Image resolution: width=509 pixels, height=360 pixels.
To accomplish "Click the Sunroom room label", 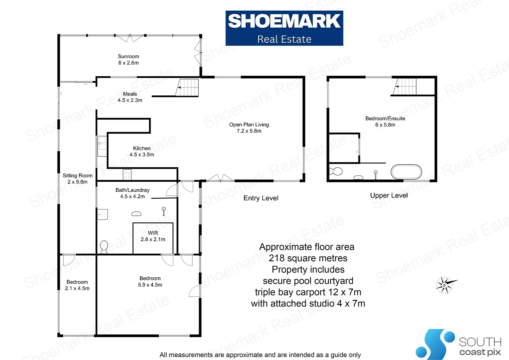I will coord(128,60).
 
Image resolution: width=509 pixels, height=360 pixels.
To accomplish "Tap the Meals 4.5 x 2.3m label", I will coord(130,97).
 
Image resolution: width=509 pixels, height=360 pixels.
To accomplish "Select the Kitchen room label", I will coord(142,151).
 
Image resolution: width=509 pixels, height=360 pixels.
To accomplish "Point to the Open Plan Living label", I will coord(249,128).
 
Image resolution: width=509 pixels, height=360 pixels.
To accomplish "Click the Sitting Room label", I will coord(78,179).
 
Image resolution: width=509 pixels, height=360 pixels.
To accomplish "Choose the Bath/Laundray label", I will coord(133,193).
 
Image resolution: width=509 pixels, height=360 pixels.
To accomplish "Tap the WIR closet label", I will coord(153,236).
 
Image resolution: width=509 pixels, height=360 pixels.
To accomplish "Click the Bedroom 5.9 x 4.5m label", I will coord(150,282).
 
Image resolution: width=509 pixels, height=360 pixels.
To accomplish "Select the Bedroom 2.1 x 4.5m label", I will coord(77,285).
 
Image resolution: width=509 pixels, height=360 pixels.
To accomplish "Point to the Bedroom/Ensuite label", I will coord(385,122).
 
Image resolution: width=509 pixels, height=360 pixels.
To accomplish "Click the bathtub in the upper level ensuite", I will coord(406,172).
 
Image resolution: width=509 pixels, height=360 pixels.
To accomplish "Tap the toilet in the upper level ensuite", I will coord(336,171).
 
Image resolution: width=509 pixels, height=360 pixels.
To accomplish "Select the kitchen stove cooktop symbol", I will coord(127,175).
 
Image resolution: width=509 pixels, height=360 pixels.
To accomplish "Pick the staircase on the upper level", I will coord(405,86).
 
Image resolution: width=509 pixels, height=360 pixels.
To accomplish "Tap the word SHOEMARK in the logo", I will coord(284,21).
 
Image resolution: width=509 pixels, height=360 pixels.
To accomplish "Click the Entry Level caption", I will coord(261,198).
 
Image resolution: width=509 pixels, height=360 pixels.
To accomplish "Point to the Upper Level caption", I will coord(389,195).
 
